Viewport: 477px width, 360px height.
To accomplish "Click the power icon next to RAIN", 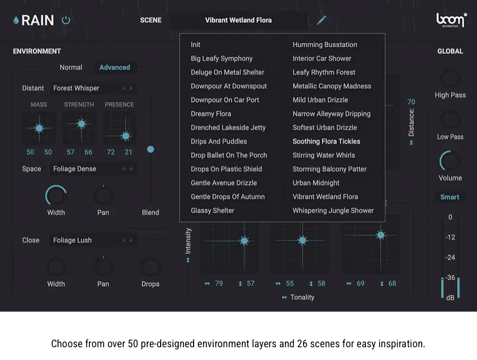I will click(x=66, y=20).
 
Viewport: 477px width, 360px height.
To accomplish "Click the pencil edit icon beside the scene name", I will click(x=321, y=20).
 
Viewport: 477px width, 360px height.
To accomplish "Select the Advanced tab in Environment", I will click(x=114, y=68).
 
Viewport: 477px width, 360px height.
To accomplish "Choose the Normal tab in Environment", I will click(x=71, y=68).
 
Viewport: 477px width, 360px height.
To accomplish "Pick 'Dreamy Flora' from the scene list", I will click(x=211, y=114).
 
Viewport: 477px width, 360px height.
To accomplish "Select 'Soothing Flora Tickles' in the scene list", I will click(x=326, y=141).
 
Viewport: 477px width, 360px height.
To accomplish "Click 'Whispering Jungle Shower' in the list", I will click(x=333, y=211).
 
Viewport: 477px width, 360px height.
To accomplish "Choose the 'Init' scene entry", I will click(x=196, y=45).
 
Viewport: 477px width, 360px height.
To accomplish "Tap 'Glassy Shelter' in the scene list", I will click(x=212, y=211).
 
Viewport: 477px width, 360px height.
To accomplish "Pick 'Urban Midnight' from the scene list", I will click(x=316, y=183).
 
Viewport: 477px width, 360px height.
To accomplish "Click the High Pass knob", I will click(x=450, y=78).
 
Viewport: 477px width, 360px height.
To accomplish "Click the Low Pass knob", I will click(x=450, y=119).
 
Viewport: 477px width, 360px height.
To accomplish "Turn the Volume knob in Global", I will click(x=450, y=161).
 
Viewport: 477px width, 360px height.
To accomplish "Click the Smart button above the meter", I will click(x=449, y=197).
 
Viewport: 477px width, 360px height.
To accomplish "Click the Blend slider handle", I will click(x=150, y=149).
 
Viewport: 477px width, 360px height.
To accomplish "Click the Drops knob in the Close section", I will click(x=150, y=267).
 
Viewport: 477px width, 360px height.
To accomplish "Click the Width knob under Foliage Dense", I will click(x=56, y=196).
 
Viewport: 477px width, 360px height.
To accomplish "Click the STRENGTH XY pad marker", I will click(x=81, y=124).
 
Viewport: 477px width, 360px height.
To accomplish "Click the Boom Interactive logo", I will click(x=451, y=20).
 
